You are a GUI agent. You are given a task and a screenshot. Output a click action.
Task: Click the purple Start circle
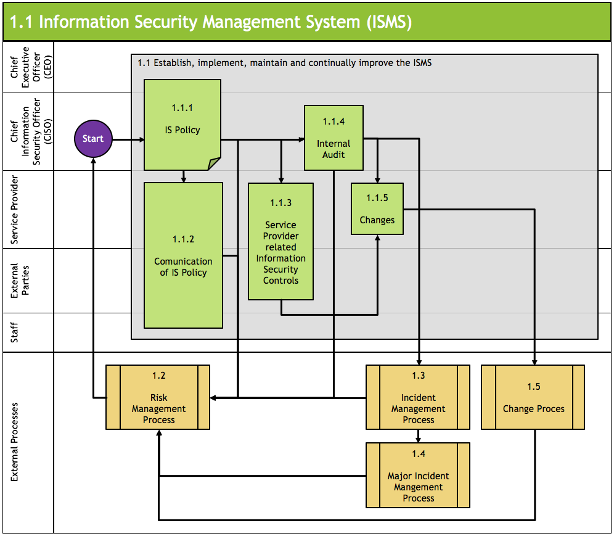93,139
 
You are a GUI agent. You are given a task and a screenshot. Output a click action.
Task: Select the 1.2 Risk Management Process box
158,397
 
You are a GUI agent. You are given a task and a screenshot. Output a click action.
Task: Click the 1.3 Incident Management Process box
418,397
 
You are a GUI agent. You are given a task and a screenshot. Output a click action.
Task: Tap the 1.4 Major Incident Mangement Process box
418,475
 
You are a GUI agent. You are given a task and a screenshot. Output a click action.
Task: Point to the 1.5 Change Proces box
533,397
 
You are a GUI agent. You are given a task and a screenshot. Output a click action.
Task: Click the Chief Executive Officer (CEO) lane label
28,67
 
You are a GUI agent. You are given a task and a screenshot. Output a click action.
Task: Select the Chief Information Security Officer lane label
28,131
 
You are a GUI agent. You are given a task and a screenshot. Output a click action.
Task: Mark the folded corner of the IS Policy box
215,163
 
